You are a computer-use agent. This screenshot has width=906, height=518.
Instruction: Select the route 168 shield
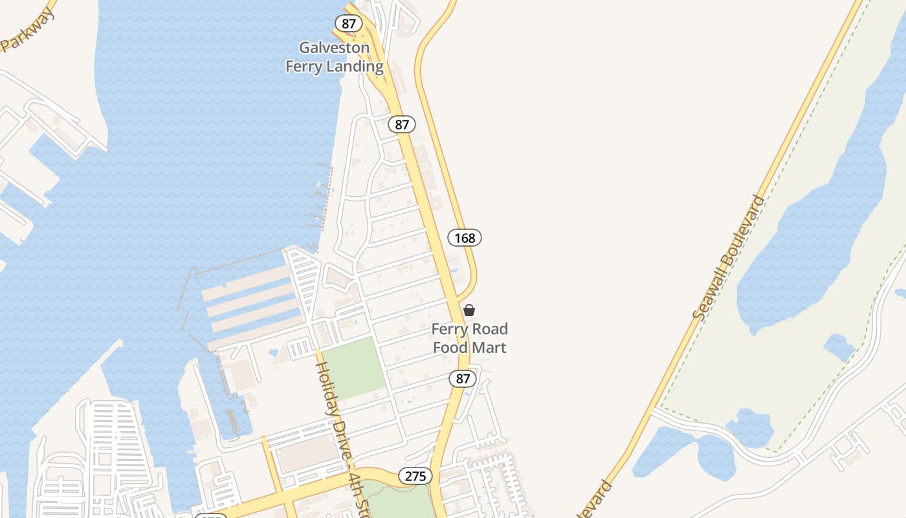(465, 238)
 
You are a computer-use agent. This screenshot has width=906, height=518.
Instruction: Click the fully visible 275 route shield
(415, 476)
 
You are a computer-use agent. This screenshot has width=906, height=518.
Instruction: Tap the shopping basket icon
(469, 310)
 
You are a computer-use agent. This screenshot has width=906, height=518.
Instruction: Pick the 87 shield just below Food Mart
(463, 379)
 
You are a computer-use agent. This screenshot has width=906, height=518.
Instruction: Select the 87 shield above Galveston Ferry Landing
(349, 23)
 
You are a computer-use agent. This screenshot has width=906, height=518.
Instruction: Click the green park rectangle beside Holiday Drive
(353, 368)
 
